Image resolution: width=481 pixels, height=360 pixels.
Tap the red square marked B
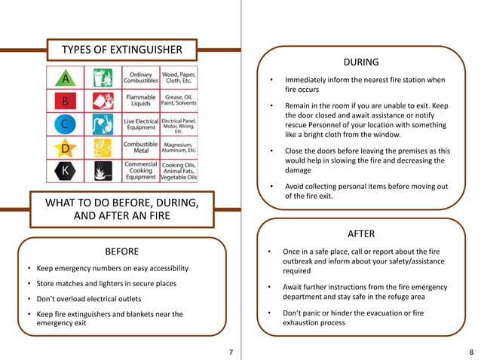66,101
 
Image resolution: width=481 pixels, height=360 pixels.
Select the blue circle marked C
66,124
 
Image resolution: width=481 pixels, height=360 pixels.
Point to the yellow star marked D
66,148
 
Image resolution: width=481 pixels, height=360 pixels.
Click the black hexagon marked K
66,171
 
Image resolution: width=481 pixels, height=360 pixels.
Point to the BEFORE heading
121,249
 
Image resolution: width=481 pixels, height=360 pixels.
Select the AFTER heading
360,233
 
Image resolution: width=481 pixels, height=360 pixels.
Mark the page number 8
471,352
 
